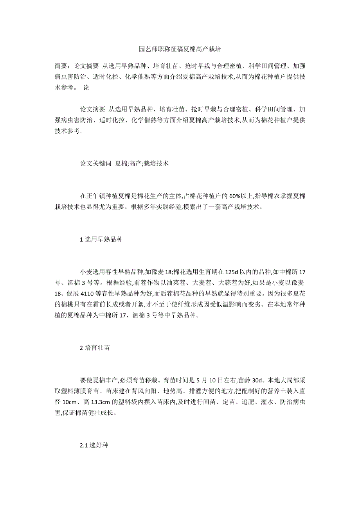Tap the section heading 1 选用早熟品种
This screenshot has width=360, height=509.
(x=101, y=239)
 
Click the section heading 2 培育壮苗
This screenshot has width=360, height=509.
(x=94, y=347)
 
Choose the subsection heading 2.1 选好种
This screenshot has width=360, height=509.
(x=94, y=445)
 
